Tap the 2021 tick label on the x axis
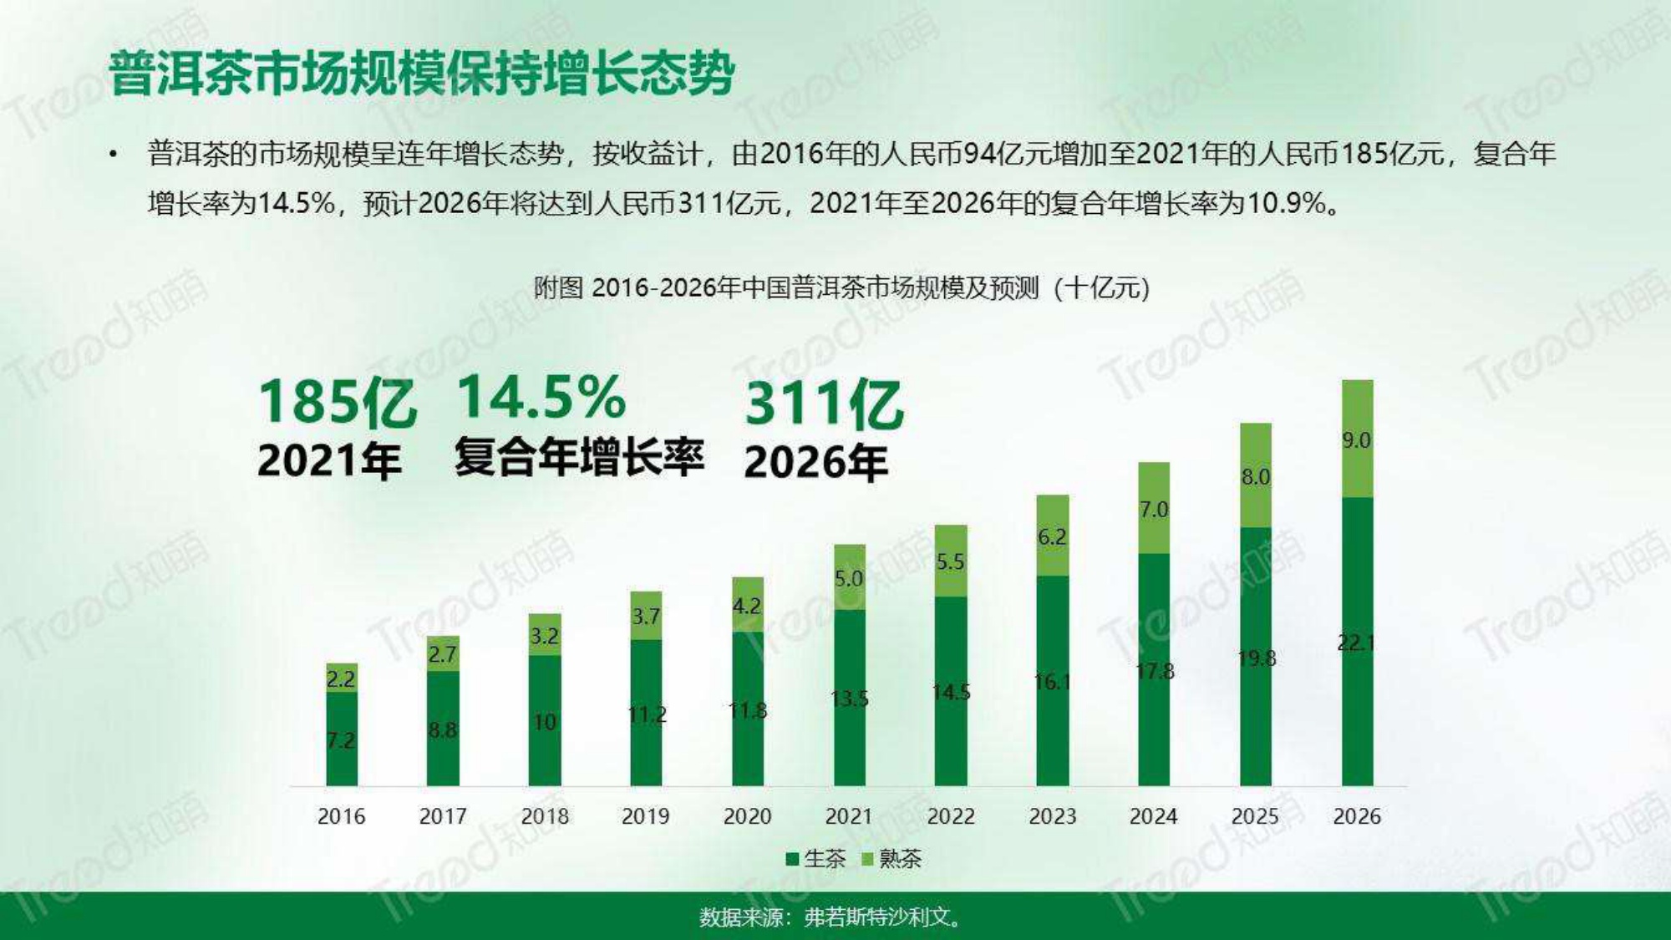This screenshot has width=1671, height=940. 848,816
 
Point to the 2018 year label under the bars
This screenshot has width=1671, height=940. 544,816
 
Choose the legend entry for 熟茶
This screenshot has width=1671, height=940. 891,859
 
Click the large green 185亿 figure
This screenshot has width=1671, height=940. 337,403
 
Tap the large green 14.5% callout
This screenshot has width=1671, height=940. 541,397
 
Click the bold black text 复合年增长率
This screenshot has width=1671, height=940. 579,457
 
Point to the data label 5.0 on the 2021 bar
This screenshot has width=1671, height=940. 848,578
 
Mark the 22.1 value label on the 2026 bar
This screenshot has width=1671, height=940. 1356,643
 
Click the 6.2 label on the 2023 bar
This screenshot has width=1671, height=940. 1052,537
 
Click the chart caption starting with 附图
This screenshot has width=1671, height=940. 841,288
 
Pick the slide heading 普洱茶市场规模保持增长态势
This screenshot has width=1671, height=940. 422,74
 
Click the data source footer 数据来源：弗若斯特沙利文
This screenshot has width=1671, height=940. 831,917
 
